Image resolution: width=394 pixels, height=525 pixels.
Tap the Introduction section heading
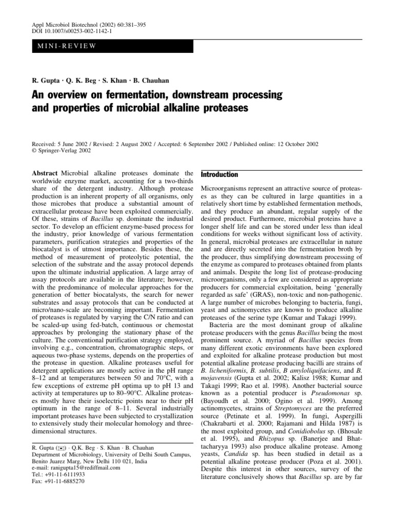[219, 175]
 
